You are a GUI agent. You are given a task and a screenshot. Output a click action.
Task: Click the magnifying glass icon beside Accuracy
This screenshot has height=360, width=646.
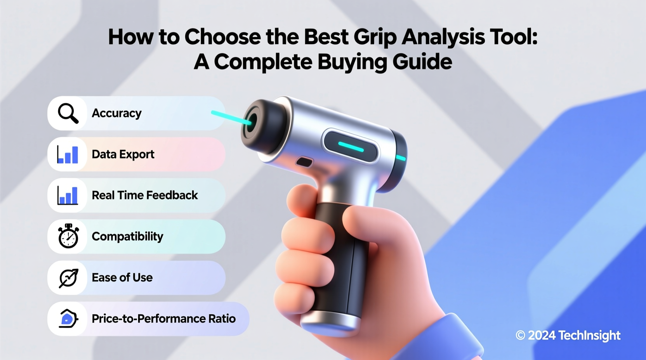click(x=68, y=113)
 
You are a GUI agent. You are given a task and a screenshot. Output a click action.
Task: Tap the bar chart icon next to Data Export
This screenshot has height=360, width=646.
click(x=68, y=154)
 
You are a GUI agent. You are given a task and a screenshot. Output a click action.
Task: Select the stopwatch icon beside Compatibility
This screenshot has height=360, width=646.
click(x=68, y=236)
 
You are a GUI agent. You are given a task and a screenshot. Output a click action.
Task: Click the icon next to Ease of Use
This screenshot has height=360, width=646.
click(x=68, y=278)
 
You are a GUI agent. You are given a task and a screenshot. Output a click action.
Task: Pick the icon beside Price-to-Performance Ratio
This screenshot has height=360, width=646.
click(x=68, y=318)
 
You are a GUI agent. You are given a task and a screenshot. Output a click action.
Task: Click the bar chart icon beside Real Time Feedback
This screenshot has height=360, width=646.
click(x=68, y=195)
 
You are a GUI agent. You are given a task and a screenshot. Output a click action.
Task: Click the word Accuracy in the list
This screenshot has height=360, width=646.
click(x=116, y=113)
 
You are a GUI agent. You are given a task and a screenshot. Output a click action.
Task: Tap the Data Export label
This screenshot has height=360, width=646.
click(x=123, y=154)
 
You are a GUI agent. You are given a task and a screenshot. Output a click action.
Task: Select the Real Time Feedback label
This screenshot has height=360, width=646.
click(x=145, y=195)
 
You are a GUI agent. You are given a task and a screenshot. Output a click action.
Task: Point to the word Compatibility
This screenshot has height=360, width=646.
click(x=127, y=236)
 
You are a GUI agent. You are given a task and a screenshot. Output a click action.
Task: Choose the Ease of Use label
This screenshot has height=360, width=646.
click(x=122, y=277)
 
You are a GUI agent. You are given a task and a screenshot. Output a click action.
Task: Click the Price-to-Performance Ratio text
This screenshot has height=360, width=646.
click(x=163, y=318)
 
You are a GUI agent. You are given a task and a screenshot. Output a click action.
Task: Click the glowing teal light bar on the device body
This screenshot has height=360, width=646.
click(x=351, y=147)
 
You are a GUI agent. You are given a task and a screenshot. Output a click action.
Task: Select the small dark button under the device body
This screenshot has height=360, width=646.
click(x=304, y=162)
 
